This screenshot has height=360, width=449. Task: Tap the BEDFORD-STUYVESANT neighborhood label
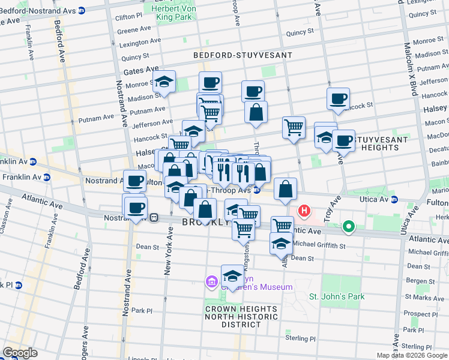pos(243,55)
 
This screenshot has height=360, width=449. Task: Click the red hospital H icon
pos(305,211)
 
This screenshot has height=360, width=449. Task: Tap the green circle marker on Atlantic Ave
pos(348,227)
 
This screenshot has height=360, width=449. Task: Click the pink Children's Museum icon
pos(211,281)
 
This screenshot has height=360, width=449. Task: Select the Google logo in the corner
pos(20,353)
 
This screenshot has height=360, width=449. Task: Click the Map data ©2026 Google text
pos(412,355)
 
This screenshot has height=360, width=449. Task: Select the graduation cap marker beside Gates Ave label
pos(163,82)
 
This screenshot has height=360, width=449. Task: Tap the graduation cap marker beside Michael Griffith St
pos(280,243)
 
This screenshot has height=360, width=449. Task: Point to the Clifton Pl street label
pos(129,18)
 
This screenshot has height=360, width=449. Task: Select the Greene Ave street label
pos(134,29)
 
